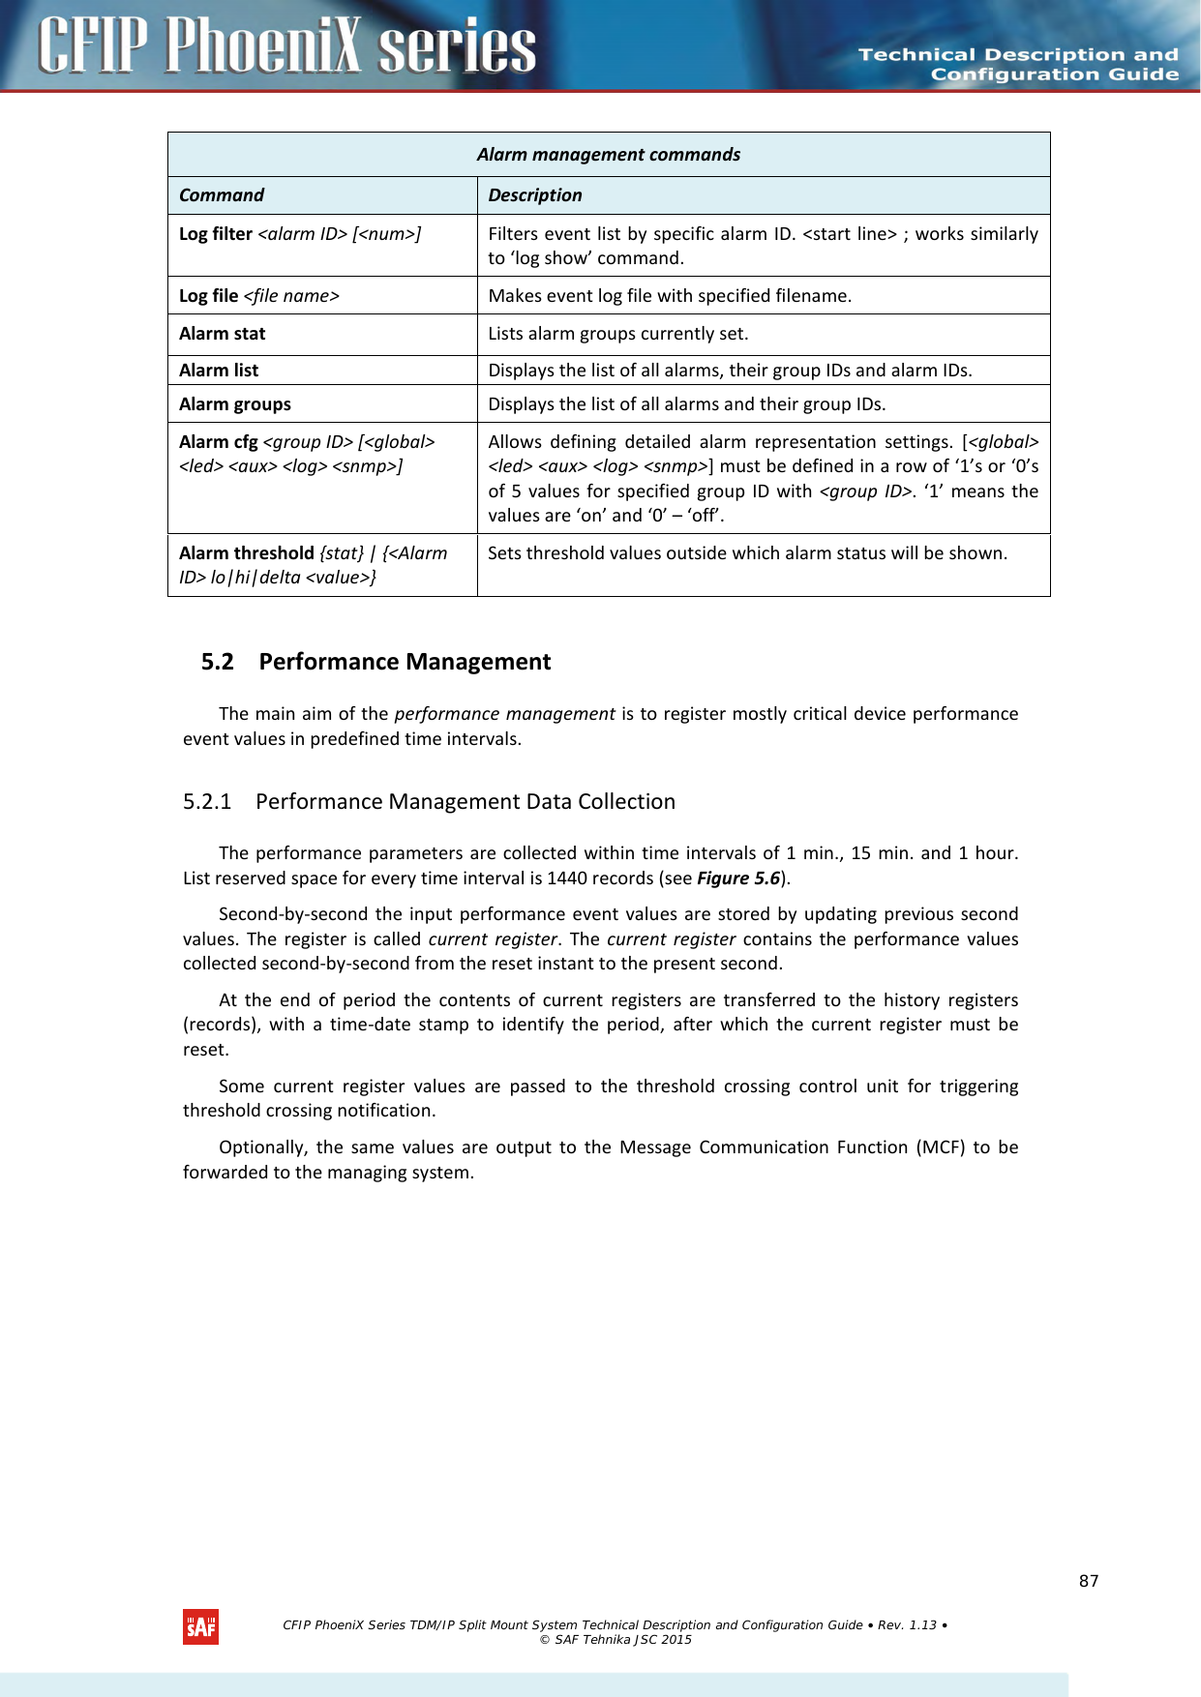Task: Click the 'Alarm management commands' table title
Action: pos(608,155)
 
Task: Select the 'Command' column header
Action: pos(222,195)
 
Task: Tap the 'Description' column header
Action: pos(535,195)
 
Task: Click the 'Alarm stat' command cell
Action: pos(222,334)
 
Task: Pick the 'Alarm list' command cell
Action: pos(219,371)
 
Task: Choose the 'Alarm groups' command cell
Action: pos(235,404)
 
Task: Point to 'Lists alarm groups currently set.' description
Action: pos(617,334)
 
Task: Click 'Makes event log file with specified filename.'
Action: pos(670,296)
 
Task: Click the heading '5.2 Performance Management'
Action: pos(375,662)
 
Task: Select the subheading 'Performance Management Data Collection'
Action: pos(465,802)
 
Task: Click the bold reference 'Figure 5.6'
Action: pos(737,878)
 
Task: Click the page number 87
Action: pos(1089,1581)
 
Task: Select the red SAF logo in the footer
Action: pos(200,1627)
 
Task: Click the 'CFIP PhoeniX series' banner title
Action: pos(287,45)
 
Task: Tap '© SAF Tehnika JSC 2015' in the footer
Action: pos(616,1640)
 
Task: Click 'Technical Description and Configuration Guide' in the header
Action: pos(1018,65)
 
